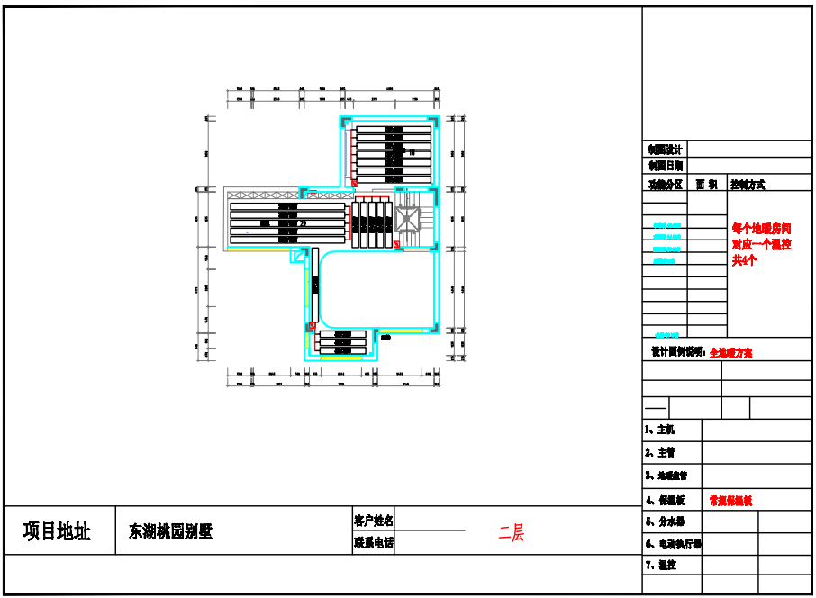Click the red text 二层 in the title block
[x=512, y=533]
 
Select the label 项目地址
[x=58, y=531]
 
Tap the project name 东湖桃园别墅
[x=171, y=531]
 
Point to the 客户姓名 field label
[x=374, y=521]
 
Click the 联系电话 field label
[x=374, y=542]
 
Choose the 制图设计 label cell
[x=665, y=149]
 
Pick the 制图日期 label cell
[x=665, y=166]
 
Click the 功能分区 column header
[x=665, y=184]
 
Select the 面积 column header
[x=707, y=184]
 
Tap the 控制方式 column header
[x=748, y=184]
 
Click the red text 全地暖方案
[x=731, y=353]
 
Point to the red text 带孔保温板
[x=730, y=500]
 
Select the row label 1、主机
[x=660, y=430]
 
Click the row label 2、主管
[x=660, y=452]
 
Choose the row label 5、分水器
[x=666, y=521]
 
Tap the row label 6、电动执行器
[x=673, y=544]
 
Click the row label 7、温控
[x=661, y=566]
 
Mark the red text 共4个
[x=745, y=259]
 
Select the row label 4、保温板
[x=666, y=500]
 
